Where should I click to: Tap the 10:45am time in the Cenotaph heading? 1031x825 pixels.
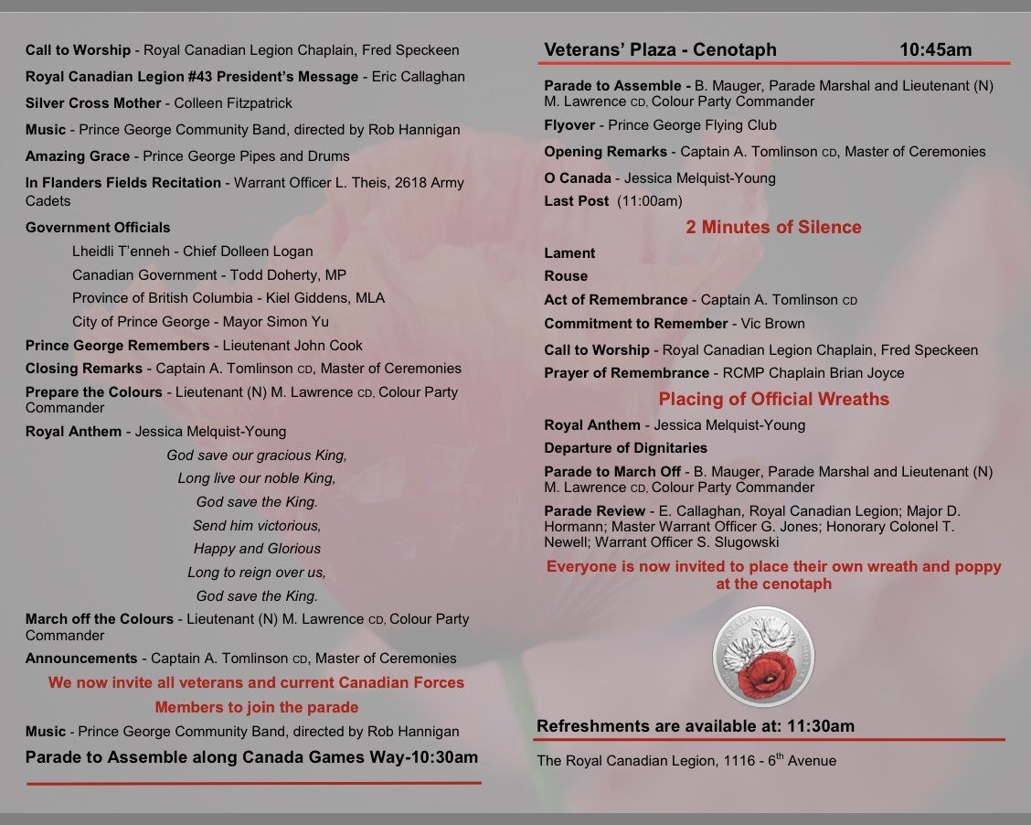pyautogui.click(x=935, y=49)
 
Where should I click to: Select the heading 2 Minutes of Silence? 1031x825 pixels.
pyautogui.click(x=773, y=227)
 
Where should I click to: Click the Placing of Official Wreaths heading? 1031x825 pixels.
pyautogui.click(x=773, y=399)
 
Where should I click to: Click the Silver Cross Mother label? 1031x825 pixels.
pyautogui.click(x=80, y=103)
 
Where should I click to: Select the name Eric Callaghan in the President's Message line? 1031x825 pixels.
pyautogui.click(x=420, y=77)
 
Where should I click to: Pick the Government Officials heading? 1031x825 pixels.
pyautogui.click(x=98, y=227)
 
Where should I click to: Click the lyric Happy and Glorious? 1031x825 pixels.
pyautogui.click(x=257, y=549)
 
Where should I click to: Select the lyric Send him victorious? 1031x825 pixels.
pyautogui.click(x=257, y=525)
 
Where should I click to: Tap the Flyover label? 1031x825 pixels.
pyautogui.click(x=569, y=125)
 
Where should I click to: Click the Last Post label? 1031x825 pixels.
pyautogui.click(x=577, y=201)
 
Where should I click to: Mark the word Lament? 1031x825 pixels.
pyautogui.click(x=569, y=252)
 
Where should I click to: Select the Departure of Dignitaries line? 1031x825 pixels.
pyautogui.click(x=625, y=448)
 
